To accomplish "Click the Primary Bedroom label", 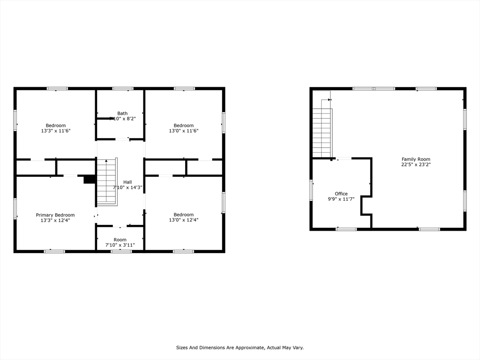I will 55,215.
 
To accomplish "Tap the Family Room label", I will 415,159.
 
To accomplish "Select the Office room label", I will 341,194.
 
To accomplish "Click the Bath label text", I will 122,113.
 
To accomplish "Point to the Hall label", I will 127,182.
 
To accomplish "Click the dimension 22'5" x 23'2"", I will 415,165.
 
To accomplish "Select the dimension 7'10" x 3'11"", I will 120,245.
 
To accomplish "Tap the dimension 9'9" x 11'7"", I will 341,199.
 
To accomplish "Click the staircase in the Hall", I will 107,183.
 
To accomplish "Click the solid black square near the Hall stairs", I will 89,180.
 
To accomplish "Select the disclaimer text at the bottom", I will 240,347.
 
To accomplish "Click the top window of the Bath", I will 123,88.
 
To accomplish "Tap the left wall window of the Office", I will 311,190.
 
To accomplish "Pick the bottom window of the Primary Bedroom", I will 54,251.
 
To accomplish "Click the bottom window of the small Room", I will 121,251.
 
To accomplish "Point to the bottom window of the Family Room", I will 429,229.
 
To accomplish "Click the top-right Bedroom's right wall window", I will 224,122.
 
